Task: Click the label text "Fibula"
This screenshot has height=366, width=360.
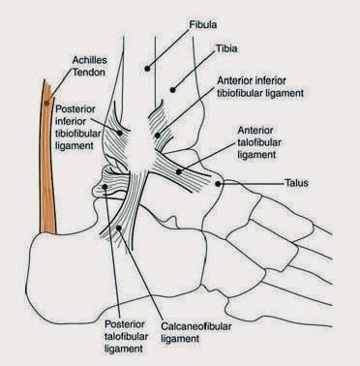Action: click(x=203, y=24)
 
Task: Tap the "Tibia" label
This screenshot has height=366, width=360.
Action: click(x=226, y=48)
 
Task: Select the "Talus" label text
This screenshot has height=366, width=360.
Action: click(x=296, y=183)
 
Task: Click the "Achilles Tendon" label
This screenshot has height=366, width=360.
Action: click(x=89, y=66)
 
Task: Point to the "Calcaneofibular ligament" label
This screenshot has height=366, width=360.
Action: click(x=196, y=332)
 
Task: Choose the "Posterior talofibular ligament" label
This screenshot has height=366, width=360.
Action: click(x=127, y=336)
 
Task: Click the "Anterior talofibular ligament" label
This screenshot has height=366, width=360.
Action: click(x=259, y=142)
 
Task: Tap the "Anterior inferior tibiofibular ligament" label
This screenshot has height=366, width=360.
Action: click(x=260, y=87)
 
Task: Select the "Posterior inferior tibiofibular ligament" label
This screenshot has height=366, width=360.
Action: click(x=77, y=127)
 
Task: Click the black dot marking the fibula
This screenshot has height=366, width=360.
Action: click(x=147, y=69)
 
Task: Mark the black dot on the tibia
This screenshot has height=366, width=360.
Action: click(x=172, y=90)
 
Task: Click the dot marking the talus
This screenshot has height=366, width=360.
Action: click(x=218, y=184)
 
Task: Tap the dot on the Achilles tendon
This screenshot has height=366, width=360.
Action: click(x=46, y=104)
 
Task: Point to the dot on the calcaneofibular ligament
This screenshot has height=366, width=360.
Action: click(x=119, y=229)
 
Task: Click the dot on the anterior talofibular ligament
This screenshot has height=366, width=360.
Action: click(x=179, y=172)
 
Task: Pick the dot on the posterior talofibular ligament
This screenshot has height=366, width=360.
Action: click(x=105, y=186)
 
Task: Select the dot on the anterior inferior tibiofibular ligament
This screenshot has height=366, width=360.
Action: click(x=158, y=136)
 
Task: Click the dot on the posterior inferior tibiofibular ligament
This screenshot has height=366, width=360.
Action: click(x=120, y=133)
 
